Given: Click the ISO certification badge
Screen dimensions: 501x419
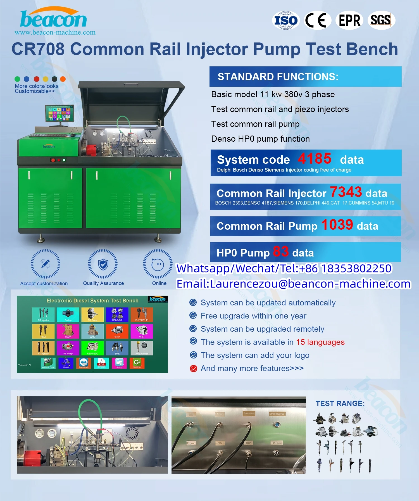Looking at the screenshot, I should click(x=286, y=20).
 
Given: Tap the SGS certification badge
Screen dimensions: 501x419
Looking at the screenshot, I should click(x=381, y=20).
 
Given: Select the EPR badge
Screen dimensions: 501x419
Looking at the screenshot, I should click(x=349, y=20).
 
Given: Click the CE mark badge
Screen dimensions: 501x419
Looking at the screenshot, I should click(x=317, y=20).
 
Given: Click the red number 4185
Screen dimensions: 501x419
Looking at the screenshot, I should click(x=315, y=159).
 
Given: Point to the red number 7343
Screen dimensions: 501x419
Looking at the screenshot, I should click(x=346, y=192).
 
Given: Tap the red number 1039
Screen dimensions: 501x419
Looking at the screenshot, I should click(x=337, y=225).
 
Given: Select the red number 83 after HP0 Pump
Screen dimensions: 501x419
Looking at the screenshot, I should click(x=281, y=251).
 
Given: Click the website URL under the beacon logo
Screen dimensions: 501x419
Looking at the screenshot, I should click(x=55, y=32).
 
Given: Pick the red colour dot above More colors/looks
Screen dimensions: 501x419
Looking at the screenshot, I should click(x=36, y=79).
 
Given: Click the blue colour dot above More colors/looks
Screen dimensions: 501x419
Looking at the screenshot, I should click(x=27, y=79).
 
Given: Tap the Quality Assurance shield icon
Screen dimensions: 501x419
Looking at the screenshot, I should click(x=103, y=264).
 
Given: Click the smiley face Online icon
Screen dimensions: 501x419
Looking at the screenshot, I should click(x=158, y=264).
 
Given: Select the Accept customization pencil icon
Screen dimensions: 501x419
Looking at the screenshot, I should click(x=45, y=264).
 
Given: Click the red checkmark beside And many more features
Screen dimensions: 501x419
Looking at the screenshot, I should click(x=193, y=369).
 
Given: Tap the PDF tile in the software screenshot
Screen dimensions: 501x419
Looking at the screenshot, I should click(x=101, y=363).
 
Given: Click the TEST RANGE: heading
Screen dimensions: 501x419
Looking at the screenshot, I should click(x=340, y=403).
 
